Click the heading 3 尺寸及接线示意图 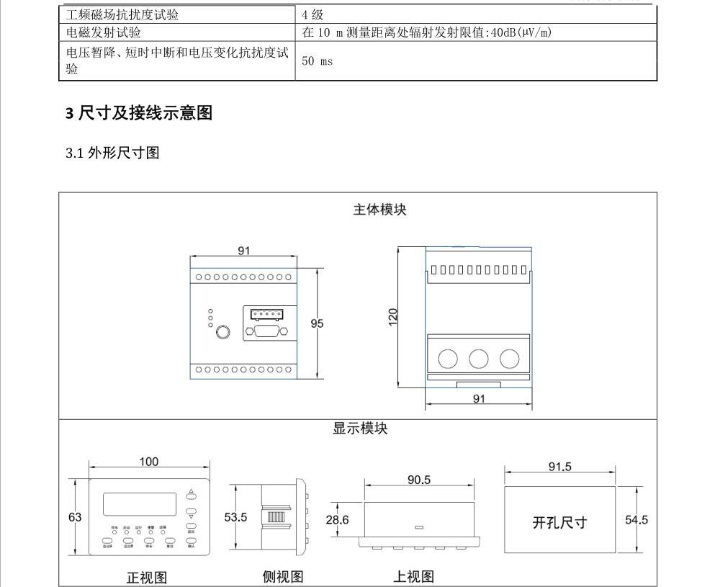139,113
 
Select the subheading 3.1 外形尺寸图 112,153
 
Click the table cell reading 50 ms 317,61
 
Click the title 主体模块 379,210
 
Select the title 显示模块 360,429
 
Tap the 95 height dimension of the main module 317,323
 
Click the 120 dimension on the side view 393,316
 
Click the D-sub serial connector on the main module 267,331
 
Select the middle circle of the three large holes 479,359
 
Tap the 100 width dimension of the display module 149,462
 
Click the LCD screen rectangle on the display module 140,503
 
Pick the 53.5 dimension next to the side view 235,517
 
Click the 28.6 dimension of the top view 338,519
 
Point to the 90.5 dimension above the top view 419,480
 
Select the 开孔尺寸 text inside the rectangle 559,523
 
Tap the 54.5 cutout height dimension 636,519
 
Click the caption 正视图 147,578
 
